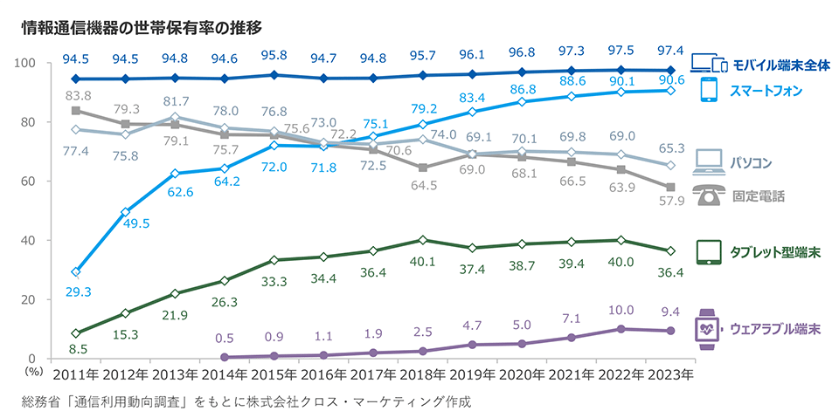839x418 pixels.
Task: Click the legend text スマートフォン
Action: click(x=766, y=91)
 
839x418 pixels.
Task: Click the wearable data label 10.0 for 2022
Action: click(x=621, y=311)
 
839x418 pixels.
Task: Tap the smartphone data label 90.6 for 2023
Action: click(x=670, y=79)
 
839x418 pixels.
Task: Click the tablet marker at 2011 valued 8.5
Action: click(x=77, y=333)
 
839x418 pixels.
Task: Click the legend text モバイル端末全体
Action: click(x=780, y=65)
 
